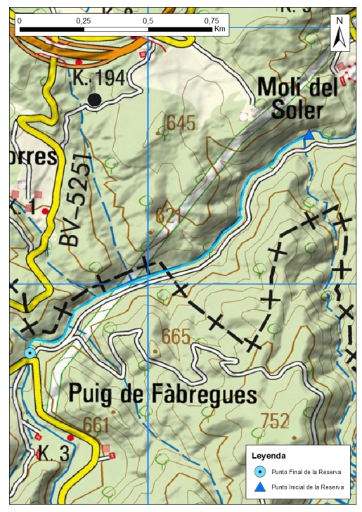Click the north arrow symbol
click(x=340, y=32)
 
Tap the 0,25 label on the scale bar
click(x=83, y=21)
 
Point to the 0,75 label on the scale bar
click(x=211, y=21)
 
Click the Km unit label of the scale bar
click(x=220, y=30)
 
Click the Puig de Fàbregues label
click(x=162, y=395)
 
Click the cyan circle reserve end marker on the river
click(x=30, y=352)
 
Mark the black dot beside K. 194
click(x=94, y=100)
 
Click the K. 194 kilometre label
click(x=98, y=79)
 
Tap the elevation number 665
click(x=175, y=337)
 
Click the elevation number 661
click(x=96, y=424)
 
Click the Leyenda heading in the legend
click(x=269, y=455)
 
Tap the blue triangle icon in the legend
click(x=259, y=487)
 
